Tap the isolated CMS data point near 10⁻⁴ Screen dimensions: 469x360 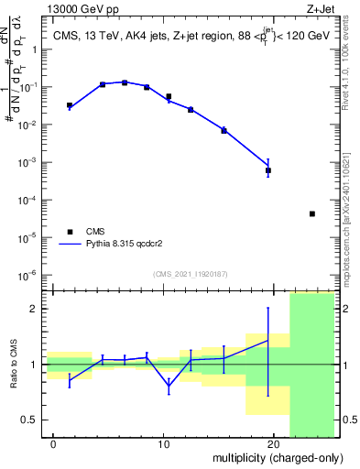312,214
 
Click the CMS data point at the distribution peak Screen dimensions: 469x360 125,82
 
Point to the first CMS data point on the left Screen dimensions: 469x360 70,105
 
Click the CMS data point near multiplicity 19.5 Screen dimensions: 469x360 268,170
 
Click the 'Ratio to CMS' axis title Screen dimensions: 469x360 12,365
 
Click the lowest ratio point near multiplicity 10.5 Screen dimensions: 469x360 169,387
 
